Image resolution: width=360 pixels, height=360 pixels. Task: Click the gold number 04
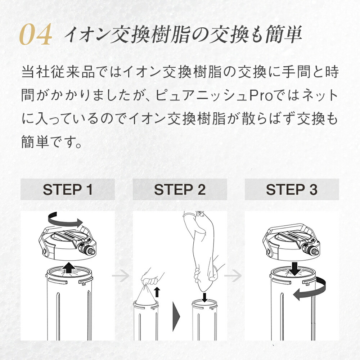[36, 35]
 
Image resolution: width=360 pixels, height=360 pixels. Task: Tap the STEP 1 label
[68, 190]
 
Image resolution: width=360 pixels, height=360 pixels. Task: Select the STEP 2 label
[180, 190]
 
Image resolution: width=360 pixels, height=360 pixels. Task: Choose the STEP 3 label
[292, 190]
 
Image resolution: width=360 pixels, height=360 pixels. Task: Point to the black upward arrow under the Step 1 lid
[69, 267]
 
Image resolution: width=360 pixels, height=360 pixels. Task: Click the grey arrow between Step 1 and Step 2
[121, 275]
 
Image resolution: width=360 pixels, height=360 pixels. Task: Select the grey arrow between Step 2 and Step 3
[233, 275]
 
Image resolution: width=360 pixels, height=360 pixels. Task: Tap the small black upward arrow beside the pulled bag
[157, 292]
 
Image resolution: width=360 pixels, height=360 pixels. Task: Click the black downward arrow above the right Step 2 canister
[204, 297]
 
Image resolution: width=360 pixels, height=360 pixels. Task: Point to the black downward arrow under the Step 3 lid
[294, 269]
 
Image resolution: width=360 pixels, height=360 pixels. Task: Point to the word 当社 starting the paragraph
[36, 72]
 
